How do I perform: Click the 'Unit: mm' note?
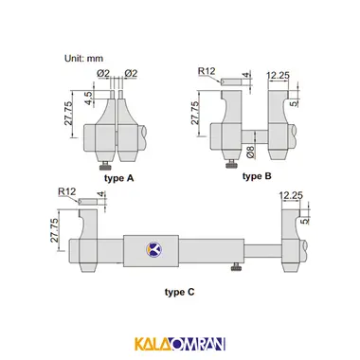[83, 59]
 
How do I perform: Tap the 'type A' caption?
[119, 178]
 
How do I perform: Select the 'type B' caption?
[257, 176]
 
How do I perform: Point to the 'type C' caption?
[180, 292]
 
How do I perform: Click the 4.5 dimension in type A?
[89, 99]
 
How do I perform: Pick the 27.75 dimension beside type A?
[69, 114]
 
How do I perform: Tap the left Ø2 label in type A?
[103, 74]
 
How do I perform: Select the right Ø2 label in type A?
[131, 74]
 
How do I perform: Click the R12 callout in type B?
[207, 71]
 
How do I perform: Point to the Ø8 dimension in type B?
[250, 153]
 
